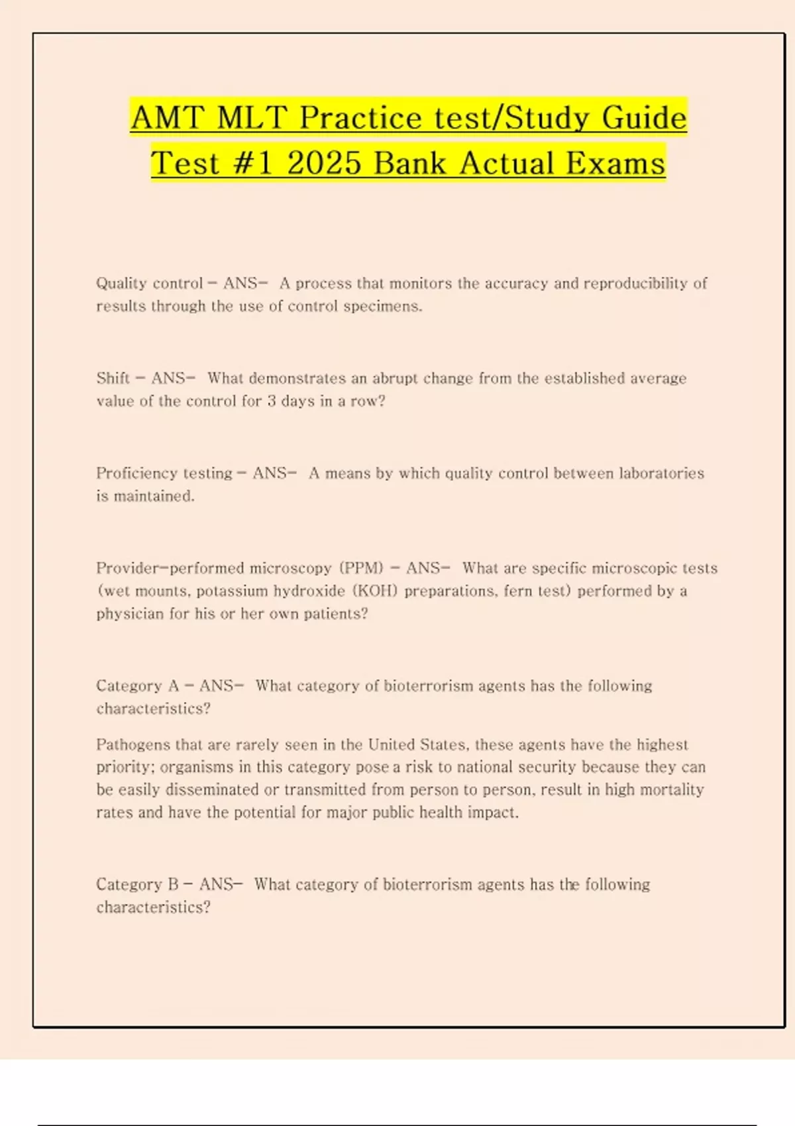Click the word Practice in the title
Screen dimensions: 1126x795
[360, 118]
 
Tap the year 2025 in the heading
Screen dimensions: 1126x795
[325, 163]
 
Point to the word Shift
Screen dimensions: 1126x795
[113, 378]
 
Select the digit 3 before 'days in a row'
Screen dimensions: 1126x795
[272, 401]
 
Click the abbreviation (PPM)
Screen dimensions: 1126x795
[362, 568]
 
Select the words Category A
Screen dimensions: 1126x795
[137, 686]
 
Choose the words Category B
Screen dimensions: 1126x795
[137, 885]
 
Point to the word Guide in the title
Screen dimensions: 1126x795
[644, 118]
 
